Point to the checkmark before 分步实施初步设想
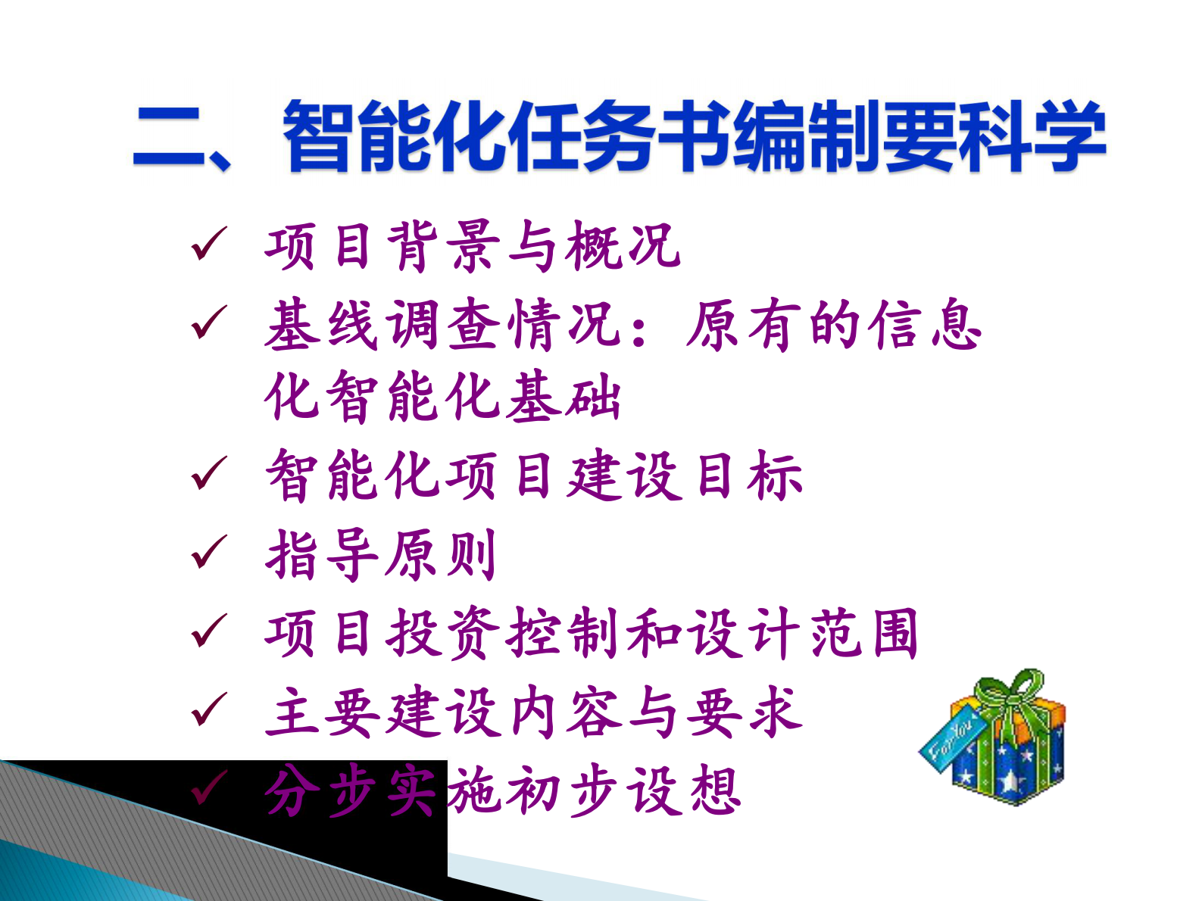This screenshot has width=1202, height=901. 208,789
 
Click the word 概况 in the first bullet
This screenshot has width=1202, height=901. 623,246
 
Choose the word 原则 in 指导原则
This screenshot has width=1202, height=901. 442,554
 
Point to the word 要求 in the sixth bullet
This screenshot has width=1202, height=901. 744,712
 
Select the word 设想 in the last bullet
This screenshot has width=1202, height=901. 685,791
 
